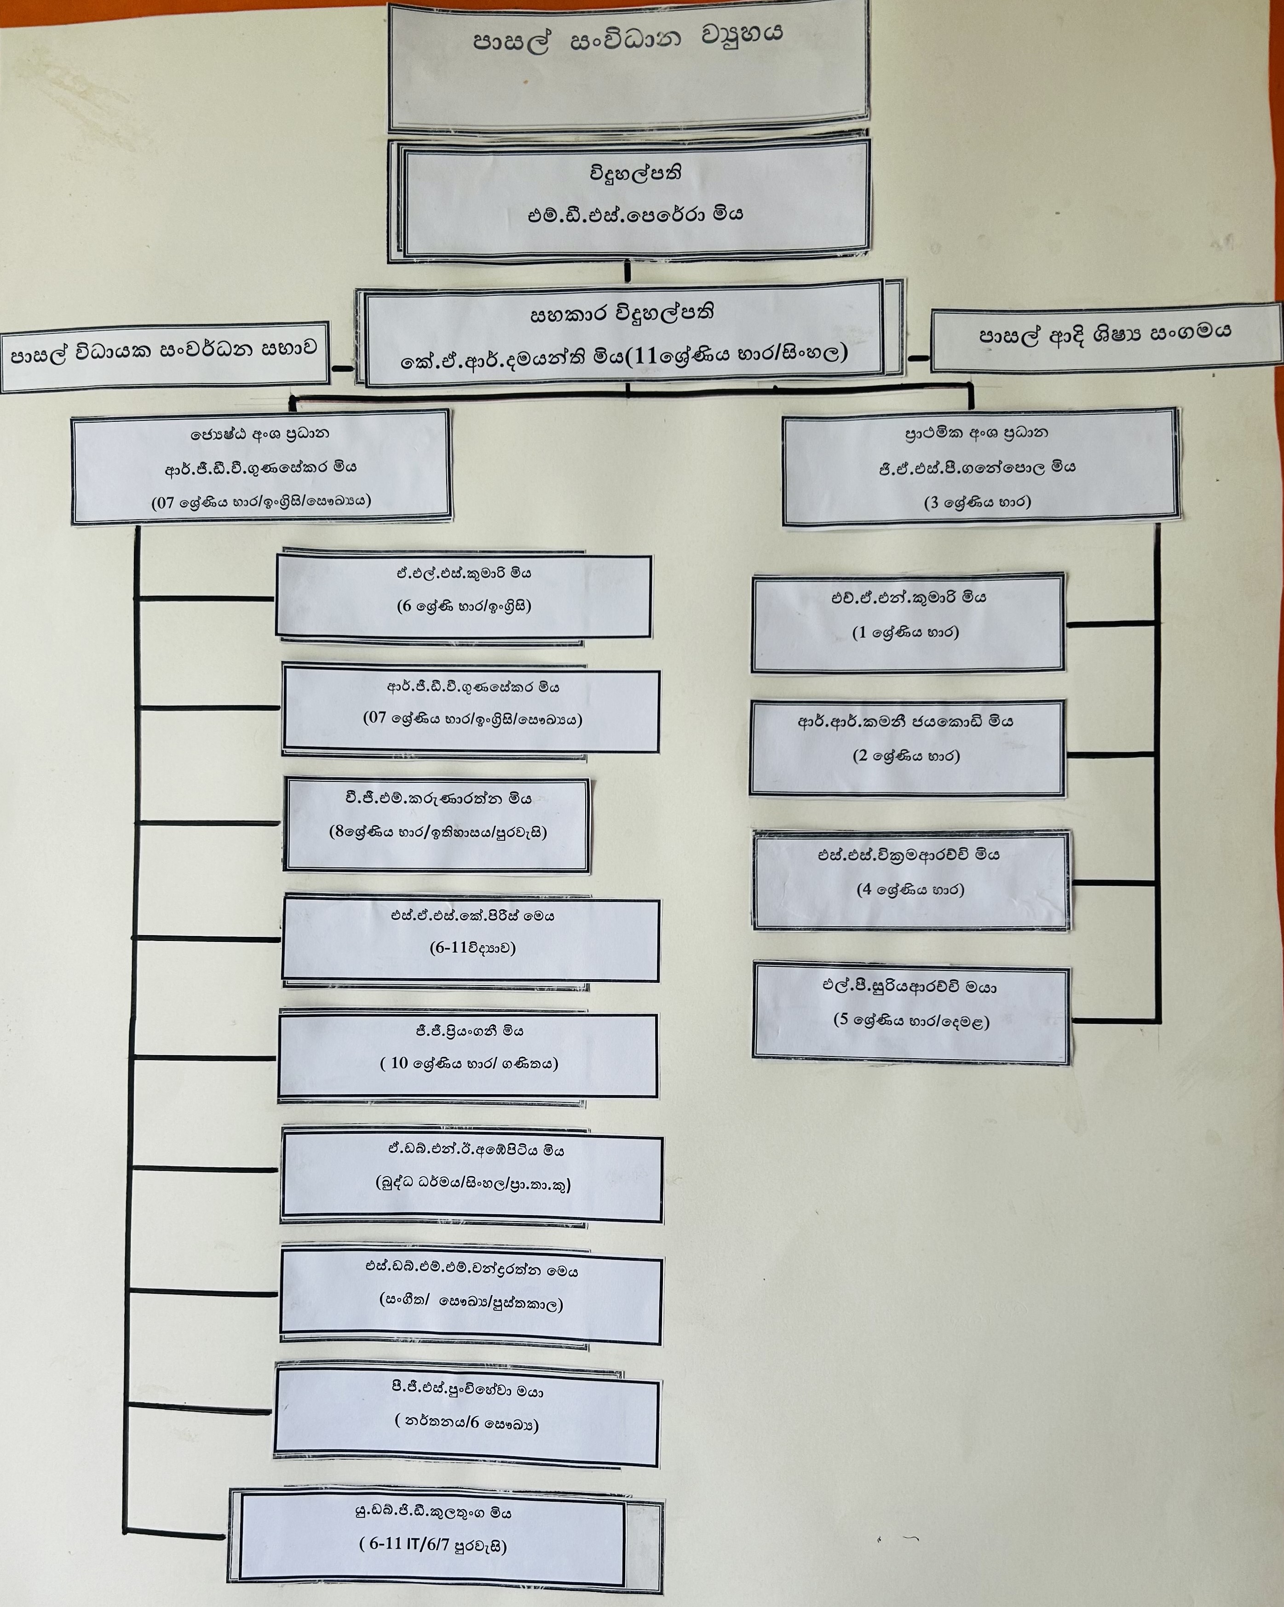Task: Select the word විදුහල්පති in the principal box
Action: [x=635, y=174]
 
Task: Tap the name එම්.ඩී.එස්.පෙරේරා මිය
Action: [x=635, y=215]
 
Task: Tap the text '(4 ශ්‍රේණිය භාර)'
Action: [x=910, y=889]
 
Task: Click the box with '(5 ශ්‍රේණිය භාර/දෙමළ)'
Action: [x=911, y=1013]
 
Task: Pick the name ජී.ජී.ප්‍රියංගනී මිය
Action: [x=470, y=1032]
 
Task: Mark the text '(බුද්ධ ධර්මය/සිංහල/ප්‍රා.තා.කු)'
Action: [x=473, y=1184]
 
